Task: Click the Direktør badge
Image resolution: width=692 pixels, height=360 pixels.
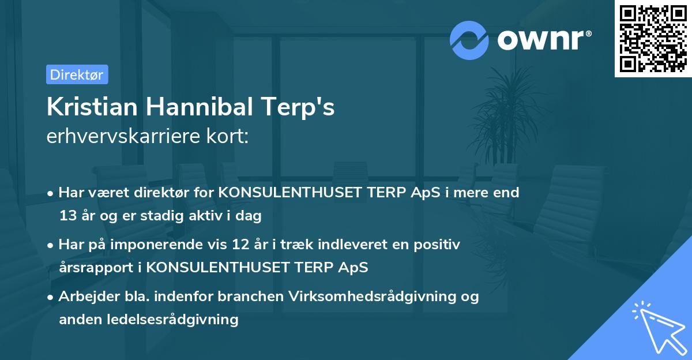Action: click(77, 74)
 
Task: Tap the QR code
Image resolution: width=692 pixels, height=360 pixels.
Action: click(653, 38)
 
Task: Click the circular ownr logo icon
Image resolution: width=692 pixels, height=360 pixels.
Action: click(469, 40)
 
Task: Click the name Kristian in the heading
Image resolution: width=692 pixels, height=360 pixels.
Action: click(92, 108)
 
